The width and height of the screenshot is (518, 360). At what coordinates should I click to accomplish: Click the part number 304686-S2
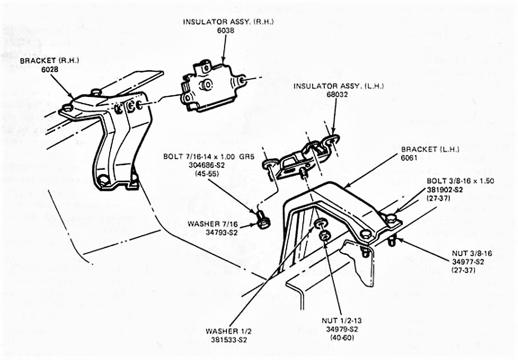click(x=201, y=165)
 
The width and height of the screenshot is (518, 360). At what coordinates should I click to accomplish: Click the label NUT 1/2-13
click(x=341, y=321)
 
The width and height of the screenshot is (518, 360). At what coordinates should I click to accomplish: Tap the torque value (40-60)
click(x=341, y=337)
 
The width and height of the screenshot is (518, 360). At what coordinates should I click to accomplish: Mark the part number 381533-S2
click(x=229, y=339)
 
